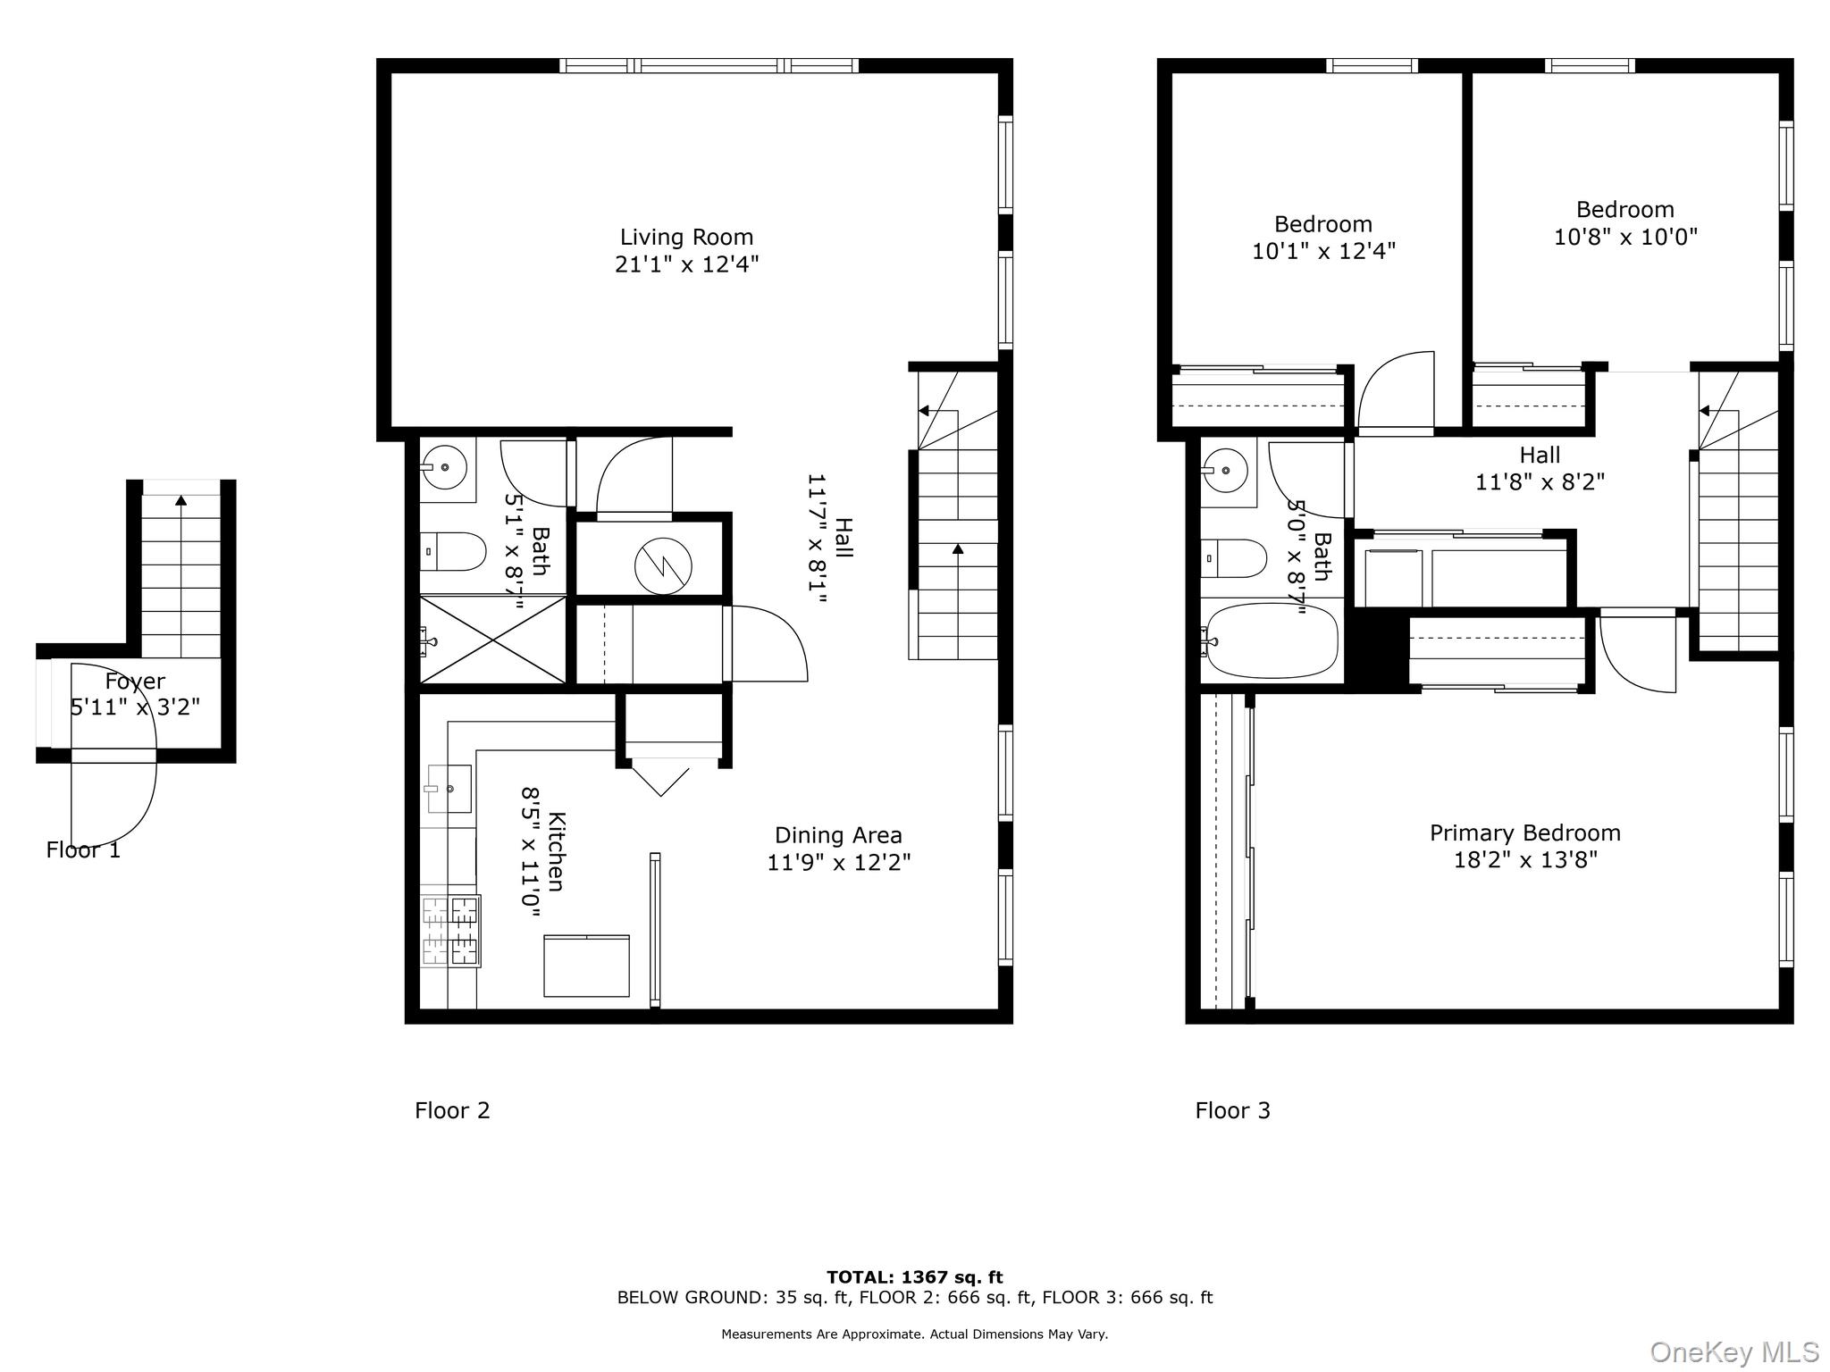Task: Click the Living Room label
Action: (x=686, y=238)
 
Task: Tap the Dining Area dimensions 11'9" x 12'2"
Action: (x=838, y=863)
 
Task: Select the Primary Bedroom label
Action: (x=1524, y=833)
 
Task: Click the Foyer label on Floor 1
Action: (x=135, y=682)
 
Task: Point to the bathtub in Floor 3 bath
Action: (x=1272, y=640)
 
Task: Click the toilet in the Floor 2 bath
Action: (x=455, y=551)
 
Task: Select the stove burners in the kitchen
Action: (x=451, y=932)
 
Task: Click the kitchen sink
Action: (x=449, y=788)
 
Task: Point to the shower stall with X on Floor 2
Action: (x=492, y=640)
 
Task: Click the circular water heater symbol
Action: (x=663, y=565)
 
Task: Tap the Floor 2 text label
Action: (x=452, y=1110)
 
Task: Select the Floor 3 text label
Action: (x=1232, y=1110)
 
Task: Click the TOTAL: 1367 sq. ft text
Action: (x=914, y=1277)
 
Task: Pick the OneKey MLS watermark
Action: (x=1733, y=1352)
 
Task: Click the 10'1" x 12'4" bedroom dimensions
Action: (x=1322, y=252)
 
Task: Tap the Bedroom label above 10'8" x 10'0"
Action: (x=1624, y=210)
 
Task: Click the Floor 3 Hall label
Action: (x=1540, y=456)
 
